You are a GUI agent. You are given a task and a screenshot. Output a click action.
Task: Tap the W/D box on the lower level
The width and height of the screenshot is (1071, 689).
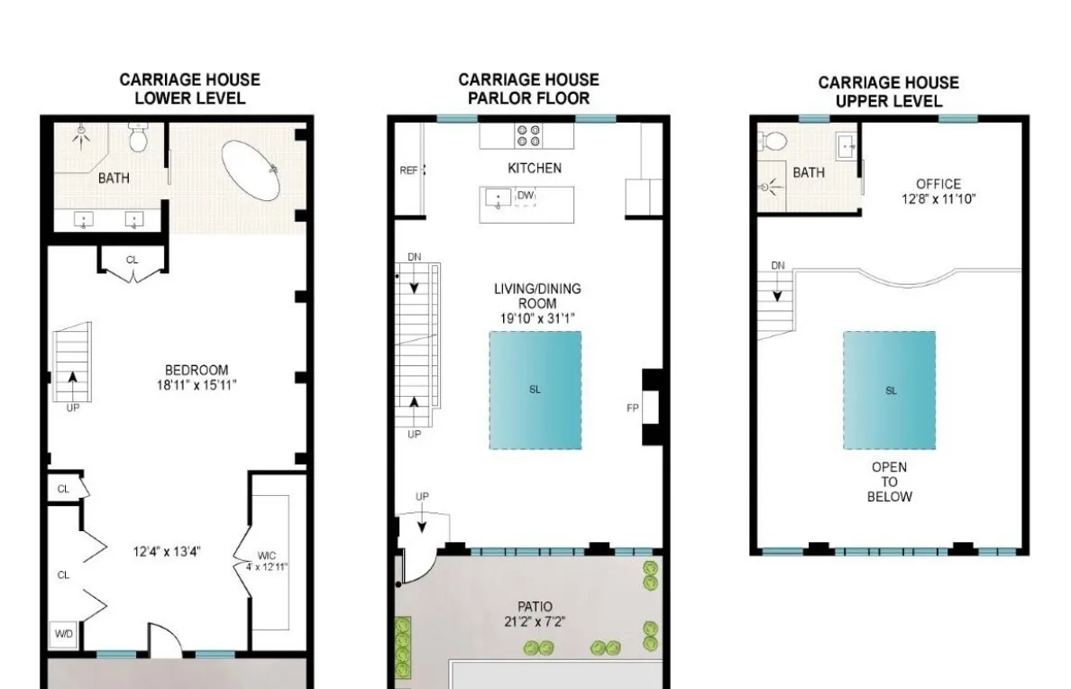tap(64, 634)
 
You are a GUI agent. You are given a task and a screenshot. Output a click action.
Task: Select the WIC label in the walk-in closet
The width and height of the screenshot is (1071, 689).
tap(267, 556)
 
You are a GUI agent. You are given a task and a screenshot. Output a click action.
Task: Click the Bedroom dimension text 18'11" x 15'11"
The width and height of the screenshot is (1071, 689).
tap(197, 385)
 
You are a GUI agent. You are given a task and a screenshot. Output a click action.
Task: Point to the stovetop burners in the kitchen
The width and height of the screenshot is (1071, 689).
tap(528, 135)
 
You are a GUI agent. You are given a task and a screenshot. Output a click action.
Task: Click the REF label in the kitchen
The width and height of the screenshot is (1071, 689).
tap(408, 170)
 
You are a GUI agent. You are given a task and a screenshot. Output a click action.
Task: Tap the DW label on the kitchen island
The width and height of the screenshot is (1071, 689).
tap(526, 196)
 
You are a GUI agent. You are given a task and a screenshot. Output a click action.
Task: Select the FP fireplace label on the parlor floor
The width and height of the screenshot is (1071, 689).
tap(633, 408)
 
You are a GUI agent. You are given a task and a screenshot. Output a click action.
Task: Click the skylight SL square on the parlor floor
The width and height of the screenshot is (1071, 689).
tap(535, 390)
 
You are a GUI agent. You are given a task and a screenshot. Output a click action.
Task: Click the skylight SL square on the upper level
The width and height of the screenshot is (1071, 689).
tap(889, 390)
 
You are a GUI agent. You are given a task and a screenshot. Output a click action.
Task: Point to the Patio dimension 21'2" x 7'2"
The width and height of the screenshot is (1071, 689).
tap(535, 621)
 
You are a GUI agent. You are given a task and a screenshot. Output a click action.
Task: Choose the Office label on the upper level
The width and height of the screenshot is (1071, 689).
tap(938, 184)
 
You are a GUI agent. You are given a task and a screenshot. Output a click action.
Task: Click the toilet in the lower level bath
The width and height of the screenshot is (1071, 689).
tap(139, 140)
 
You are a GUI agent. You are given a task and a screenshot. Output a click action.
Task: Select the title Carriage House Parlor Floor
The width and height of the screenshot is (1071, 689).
tap(528, 88)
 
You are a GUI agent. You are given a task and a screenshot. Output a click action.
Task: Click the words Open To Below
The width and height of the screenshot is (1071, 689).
tap(889, 482)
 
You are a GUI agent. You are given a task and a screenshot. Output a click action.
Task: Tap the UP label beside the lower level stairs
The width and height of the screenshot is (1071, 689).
tap(72, 407)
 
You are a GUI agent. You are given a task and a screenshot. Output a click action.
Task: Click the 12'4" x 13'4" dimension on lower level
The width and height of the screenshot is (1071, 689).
tap(167, 550)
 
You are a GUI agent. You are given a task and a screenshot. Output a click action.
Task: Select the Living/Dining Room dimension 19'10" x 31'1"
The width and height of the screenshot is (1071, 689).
tap(537, 317)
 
